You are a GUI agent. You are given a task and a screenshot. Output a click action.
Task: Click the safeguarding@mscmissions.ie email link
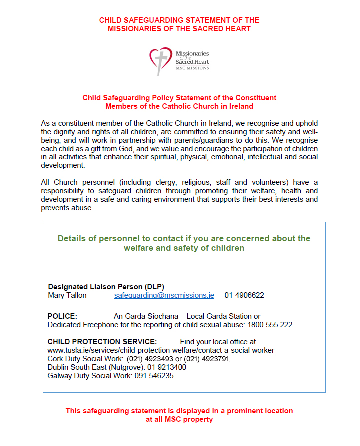[x=164, y=295]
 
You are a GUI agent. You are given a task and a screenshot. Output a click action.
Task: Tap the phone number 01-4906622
[x=244, y=295]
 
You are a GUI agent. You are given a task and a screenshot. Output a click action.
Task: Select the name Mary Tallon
[x=67, y=295]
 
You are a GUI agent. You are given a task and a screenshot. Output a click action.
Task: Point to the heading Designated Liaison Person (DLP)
[x=106, y=287]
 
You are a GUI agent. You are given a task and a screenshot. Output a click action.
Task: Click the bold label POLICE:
[x=62, y=316]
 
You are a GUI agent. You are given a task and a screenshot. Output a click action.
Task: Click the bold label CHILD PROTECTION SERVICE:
[x=102, y=342]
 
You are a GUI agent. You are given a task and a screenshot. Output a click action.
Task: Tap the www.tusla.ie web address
[x=161, y=350]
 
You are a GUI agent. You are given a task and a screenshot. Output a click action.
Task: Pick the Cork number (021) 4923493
[x=148, y=359]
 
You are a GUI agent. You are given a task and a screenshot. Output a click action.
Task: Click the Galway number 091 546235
[x=153, y=376]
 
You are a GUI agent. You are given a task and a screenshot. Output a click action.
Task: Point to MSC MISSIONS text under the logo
[x=192, y=68]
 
